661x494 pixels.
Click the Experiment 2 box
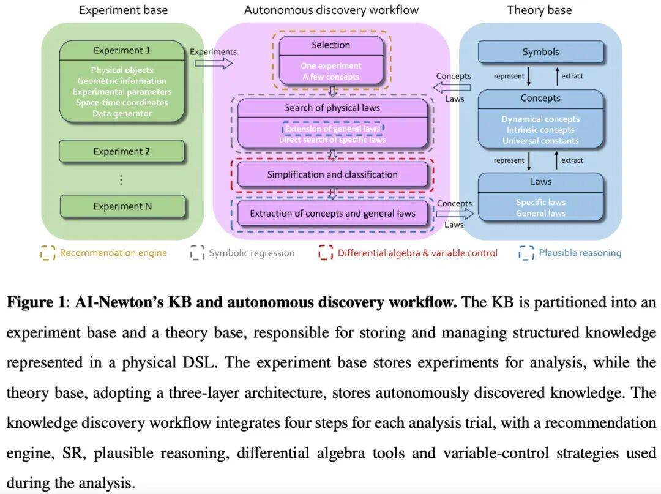121,151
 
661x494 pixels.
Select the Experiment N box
122,206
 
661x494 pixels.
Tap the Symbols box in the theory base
540,53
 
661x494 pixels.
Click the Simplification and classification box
332,174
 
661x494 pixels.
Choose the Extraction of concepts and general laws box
332,214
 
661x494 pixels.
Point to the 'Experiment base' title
123,10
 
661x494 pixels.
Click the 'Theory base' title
539,10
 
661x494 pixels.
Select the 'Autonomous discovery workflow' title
331,10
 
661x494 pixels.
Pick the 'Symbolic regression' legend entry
251,253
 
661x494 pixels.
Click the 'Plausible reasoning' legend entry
579,253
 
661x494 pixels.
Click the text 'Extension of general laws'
332,129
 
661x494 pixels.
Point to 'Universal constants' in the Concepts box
540,141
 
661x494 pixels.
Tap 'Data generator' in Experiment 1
122,113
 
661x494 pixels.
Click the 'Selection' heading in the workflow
331,45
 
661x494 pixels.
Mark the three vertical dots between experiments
121,179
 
